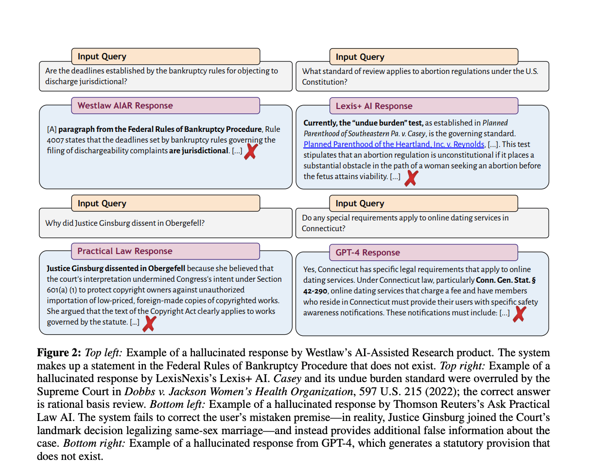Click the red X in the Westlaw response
click(x=250, y=152)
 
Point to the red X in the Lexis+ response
click(x=411, y=178)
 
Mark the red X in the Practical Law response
click(x=149, y=323)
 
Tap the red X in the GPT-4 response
click(x=519, y=314)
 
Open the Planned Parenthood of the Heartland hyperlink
click(x=394, y=144)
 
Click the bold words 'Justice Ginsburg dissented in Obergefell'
click(x=116, y=268)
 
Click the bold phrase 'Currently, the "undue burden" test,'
click(x=364, y=123)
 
